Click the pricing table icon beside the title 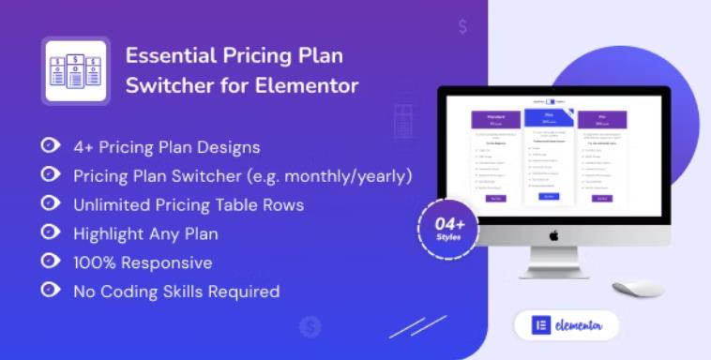[x=75, y=70]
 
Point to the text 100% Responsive [x=143, y=262]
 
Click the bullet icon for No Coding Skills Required [x=49, y=291]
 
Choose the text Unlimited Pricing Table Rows [x=188, y=204]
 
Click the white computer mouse [x=638, y=288]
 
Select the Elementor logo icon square [x=540, y=325]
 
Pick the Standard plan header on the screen [x=496, y=119]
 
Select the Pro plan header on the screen [x=603, y=119]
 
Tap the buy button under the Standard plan [x=496, y=198]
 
